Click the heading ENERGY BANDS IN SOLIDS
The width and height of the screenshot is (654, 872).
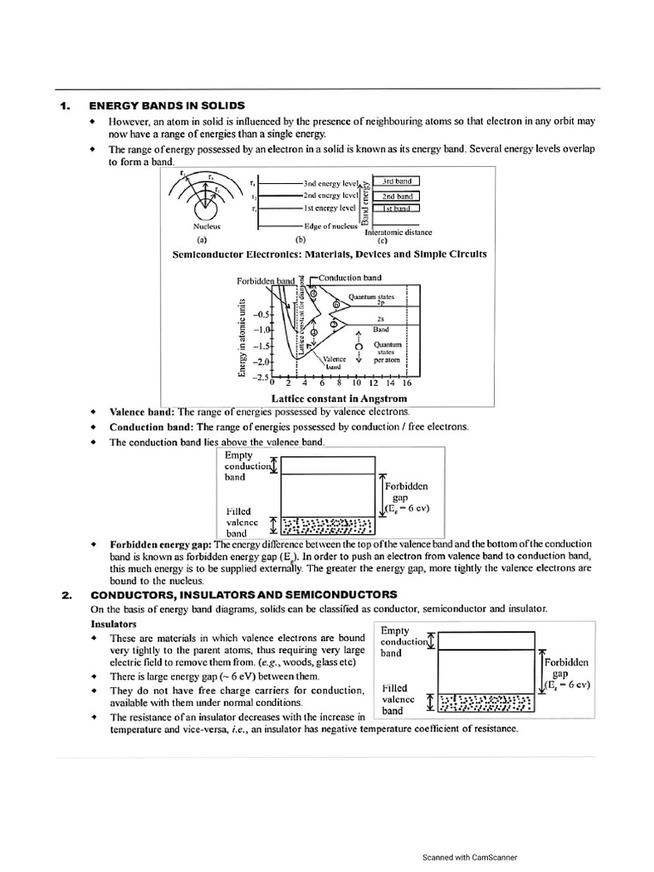[167, 106]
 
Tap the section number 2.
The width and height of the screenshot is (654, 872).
[66, 594]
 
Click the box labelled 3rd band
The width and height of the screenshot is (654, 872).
[397, 181]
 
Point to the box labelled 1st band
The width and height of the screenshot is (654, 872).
[397, 208]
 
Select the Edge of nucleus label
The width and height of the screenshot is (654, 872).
[329, 227]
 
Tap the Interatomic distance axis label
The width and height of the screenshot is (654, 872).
[398, 232]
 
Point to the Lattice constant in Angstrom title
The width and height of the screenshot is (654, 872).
[339, 398]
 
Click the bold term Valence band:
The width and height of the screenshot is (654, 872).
[141, 411]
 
